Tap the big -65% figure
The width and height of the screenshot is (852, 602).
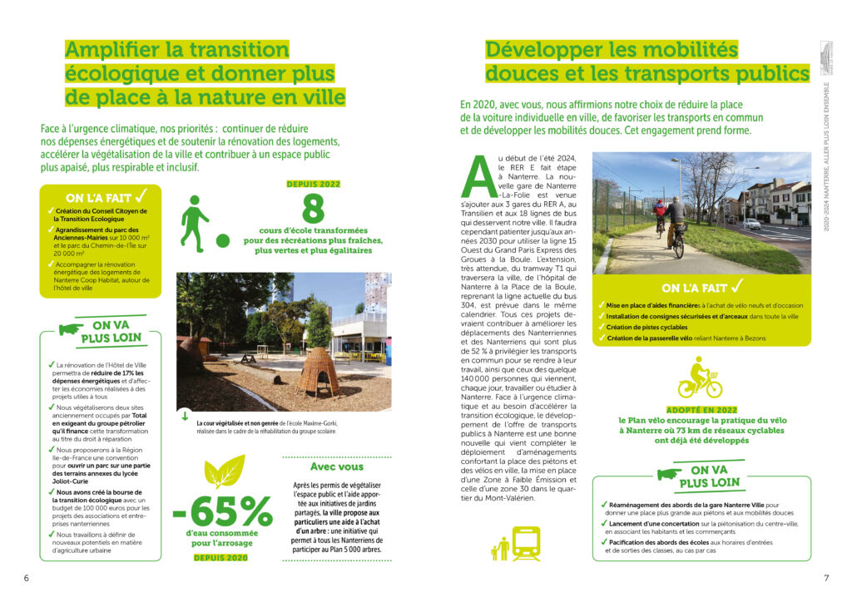(222, 511)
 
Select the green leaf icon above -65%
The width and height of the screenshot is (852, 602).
(225, 471)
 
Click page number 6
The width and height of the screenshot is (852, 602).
(26, 578)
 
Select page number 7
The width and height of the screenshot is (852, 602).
(826, 578)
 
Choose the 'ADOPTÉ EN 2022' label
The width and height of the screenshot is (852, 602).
(701, 409)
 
